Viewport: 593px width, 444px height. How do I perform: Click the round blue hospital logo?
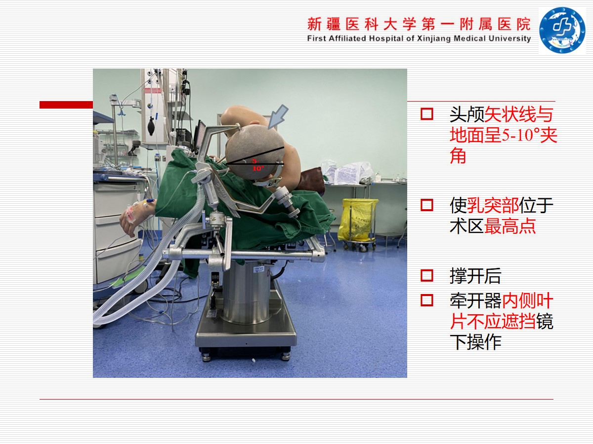[562, 30]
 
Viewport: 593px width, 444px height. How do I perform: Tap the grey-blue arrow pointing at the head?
[278, 116]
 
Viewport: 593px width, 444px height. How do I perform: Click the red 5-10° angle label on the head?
[258, 165]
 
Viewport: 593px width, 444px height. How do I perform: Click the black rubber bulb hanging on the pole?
[151, 126]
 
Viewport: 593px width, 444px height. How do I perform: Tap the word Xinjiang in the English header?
[434, 38]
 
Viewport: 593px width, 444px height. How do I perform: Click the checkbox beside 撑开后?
[427, 275]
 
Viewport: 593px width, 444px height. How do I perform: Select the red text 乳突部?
[493, 205]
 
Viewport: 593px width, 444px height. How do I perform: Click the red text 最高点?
[510, 226]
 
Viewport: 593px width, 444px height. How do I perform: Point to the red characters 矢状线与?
[518, 114]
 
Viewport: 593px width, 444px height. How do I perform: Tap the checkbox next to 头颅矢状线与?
[427, 114]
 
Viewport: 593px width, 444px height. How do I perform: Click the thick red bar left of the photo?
[66, 105]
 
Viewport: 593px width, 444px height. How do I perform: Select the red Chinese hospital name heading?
[419, 24]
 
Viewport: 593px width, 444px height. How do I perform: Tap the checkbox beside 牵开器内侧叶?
[427, 300]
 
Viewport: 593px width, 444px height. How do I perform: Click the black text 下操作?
[475, 342]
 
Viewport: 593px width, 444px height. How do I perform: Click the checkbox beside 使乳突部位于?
[427, 205]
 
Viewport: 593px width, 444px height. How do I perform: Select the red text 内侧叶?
[527, 300]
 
